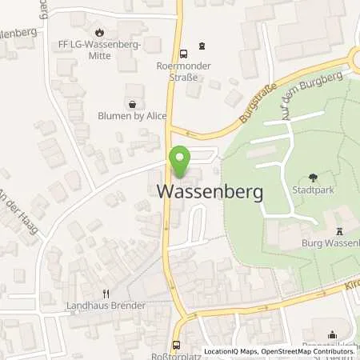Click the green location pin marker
[180, 163]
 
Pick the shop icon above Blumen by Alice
[131, 103]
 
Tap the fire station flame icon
[99, 33]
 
